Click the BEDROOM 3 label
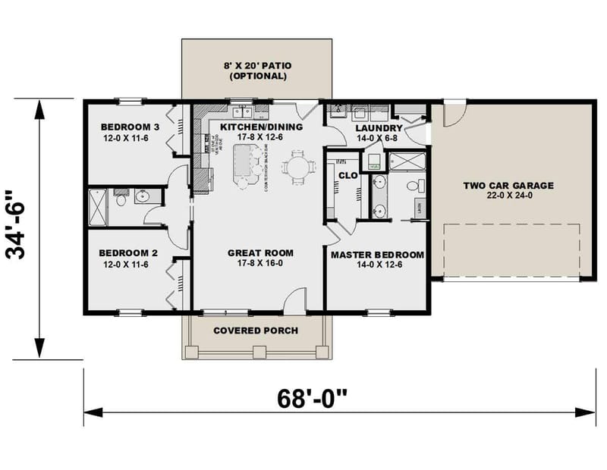click(x=124, y=127)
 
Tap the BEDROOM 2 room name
click(x=124, y=253)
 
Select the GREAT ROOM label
click(x=260, y=253)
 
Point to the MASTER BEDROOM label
click(x=377, y=255)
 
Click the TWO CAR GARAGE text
click(x=509, y=185)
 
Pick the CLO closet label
click(x=348, y=175)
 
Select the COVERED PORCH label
click(x=256, y=331)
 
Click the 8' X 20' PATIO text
click(x=258, y=66)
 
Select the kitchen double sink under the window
click(x=242, y=108)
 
